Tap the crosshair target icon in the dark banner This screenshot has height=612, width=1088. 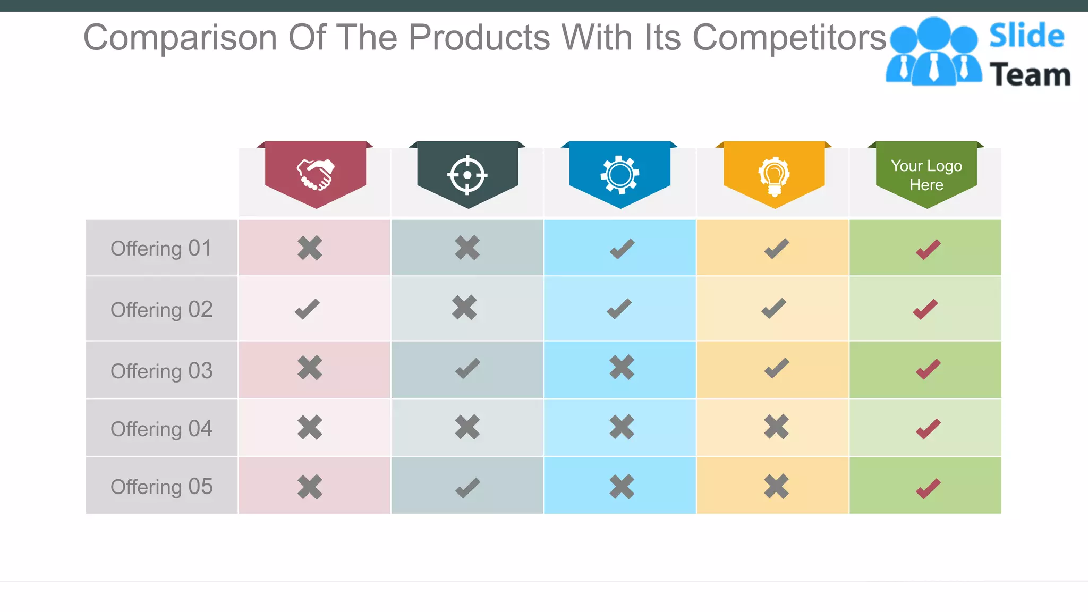467,175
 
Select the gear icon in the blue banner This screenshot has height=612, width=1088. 619,175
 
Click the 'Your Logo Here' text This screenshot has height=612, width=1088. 926,175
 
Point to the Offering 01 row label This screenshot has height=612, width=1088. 161,248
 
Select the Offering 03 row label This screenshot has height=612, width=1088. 161,371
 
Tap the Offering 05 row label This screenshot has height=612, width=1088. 161,487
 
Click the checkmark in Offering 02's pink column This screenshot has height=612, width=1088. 308,309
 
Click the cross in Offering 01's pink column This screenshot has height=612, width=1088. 310,248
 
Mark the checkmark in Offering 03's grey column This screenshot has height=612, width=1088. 467,368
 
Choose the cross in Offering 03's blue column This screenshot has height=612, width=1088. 622,367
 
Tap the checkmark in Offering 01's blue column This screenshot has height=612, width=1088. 622,249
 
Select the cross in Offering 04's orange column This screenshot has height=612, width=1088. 776,427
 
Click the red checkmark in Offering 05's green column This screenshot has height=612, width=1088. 928,488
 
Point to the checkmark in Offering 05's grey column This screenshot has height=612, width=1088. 467,488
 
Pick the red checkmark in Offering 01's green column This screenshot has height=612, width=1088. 928,249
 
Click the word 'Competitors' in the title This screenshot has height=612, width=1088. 789,38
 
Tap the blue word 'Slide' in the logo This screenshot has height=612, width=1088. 1026,36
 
